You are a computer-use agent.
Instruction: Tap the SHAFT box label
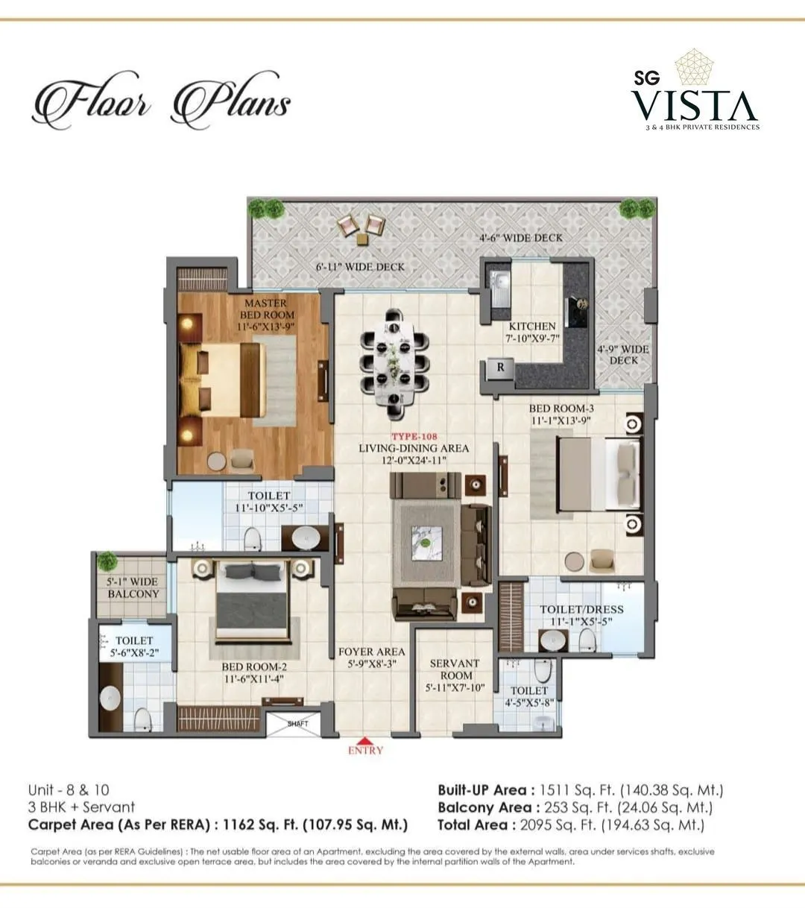tap(297, 723)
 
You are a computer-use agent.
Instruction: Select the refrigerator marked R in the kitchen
tap(500, 367)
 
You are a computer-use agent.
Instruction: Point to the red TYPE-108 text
tap(414, 436)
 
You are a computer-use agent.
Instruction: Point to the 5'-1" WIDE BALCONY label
tap(133, 587)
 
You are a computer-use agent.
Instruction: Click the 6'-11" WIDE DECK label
tap(361, 266)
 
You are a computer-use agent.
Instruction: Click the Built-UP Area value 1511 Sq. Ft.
tap(580, 790)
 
